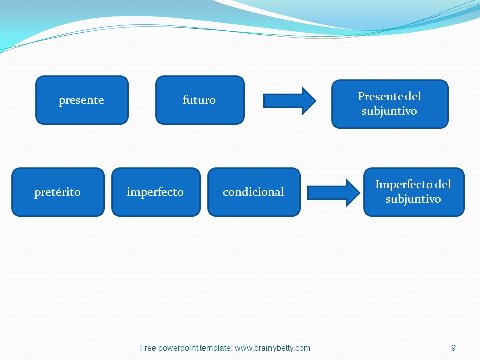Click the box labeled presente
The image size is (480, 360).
click(82, 100)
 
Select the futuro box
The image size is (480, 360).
click(200, 100)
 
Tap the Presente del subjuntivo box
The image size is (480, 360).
click(390, 104)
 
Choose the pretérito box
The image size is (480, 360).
click(58, 192)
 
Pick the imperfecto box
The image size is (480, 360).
click(156, 192)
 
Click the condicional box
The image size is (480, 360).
click(254, 192)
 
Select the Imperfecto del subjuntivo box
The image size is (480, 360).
click(414, 192)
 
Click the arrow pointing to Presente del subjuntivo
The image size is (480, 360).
click(290, 101)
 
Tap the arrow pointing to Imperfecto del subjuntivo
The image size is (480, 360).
click(334, 193)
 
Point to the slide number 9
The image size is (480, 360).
click(453, 348)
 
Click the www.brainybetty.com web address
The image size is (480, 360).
click(273, 348)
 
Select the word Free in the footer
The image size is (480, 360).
click(148, 348)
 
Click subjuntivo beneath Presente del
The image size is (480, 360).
click(389, 111)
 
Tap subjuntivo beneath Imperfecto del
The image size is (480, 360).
click(413, 199)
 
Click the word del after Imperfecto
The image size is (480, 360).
click(443, 184)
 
